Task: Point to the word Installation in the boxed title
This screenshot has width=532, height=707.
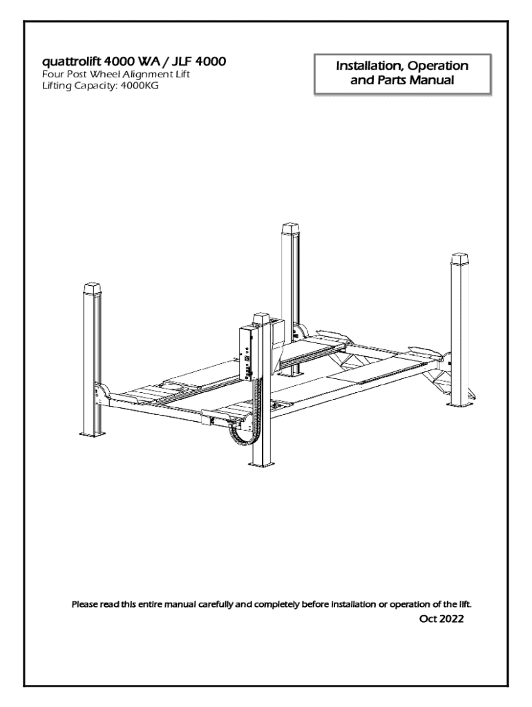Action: click(370, 66)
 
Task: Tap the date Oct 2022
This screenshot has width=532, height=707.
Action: click(441, 619)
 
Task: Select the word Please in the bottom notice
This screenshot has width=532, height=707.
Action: click(85, 603)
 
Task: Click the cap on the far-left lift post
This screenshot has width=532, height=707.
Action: click(92, 289)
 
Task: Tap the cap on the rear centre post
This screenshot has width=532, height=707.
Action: click(291, 229)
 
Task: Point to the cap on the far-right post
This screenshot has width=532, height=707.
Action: click(459, 260)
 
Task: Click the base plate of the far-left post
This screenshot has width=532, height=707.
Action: click(94, 434)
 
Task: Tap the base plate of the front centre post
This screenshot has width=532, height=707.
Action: click(263, 463)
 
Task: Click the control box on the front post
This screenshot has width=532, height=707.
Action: click(248, 352)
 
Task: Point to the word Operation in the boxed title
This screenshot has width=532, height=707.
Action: click(438, 66)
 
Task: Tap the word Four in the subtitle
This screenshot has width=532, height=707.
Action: click(50, 75)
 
